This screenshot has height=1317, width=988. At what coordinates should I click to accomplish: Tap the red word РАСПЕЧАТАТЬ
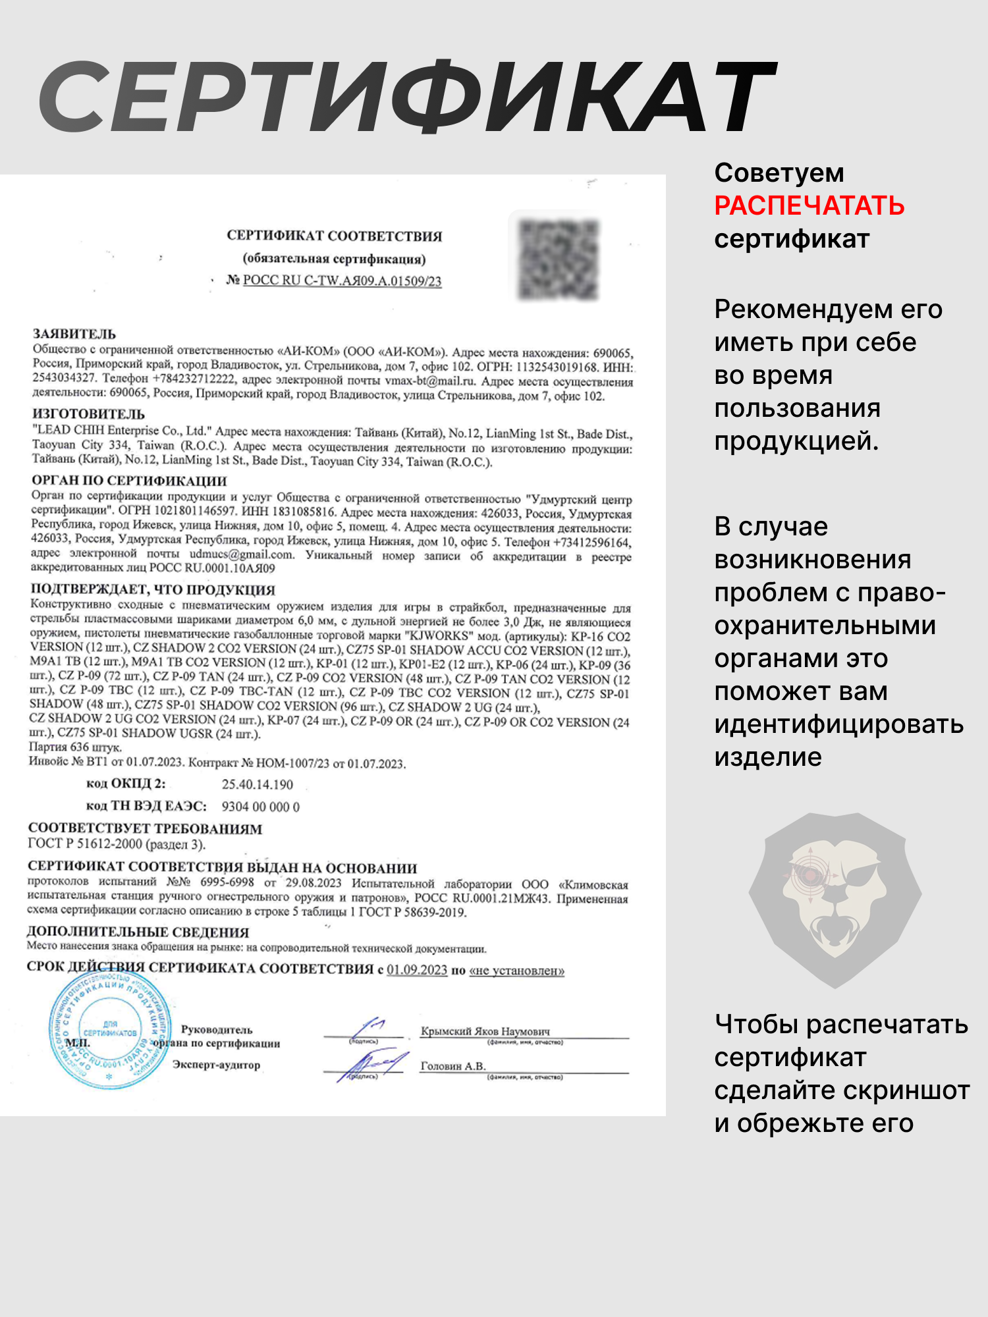[809, 206]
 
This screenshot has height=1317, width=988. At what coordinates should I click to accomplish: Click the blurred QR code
[559, 259]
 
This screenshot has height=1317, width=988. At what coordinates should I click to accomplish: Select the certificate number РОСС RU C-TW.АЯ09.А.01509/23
[342, 281]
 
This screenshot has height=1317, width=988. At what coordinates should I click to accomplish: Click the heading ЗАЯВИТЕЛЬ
[74, 334]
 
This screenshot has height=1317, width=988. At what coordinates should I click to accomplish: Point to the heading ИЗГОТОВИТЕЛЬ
[88, 414]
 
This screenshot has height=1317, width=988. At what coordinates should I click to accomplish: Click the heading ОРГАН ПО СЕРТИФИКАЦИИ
[129, 480]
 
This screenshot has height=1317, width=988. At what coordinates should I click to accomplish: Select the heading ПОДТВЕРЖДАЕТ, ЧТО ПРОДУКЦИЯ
[153, 589]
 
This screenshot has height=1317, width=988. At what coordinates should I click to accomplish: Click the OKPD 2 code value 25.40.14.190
[257, 784]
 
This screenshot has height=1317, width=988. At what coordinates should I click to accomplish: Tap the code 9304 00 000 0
[260, 807]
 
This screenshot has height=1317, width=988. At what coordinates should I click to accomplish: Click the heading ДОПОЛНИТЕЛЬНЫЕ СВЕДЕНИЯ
[138, 932]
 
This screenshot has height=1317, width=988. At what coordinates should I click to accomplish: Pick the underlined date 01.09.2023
[416, 970]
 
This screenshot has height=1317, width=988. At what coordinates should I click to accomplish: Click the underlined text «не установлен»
[516, 971]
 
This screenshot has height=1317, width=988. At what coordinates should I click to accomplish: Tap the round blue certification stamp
[109, 1031]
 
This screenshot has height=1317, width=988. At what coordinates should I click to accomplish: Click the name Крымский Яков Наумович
[485, 1031]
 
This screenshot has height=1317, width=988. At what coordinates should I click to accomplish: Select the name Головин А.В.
[453, 1066]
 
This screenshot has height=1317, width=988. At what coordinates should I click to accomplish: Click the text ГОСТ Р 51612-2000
[84, 844]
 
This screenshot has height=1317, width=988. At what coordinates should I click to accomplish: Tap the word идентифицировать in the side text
[838, 724]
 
